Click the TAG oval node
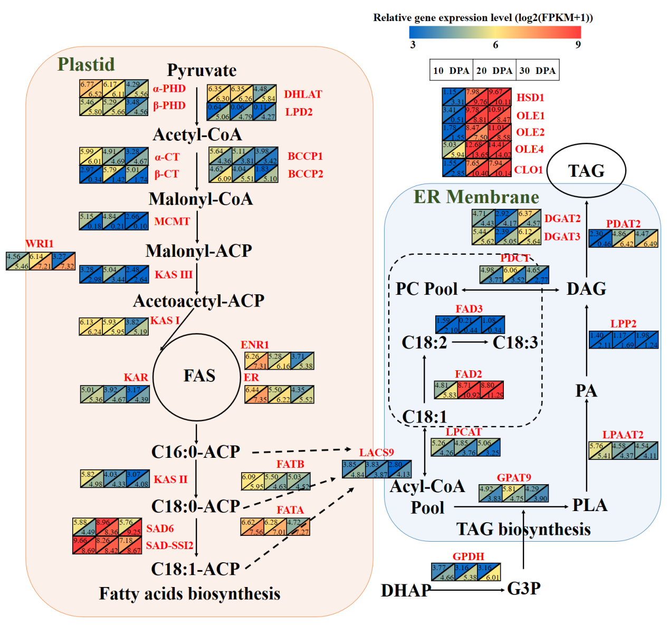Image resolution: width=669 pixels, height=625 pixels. tap(586, 171)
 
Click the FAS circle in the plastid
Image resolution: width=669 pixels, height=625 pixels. tap(199, 376)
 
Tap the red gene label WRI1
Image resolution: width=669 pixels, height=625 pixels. tap(40, 244)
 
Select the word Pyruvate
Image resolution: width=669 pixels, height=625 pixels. tap(202, 70)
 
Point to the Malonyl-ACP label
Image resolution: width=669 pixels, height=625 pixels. tap(198, 251)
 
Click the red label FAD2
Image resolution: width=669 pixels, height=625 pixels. tap(469, 374)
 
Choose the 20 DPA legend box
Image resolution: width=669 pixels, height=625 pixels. tap(494, 70)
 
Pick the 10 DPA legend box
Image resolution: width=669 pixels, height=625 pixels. tap(451, 70)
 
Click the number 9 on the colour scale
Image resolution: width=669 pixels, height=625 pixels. tap(578, 45)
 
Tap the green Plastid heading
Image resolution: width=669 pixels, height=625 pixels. tap(86, 64)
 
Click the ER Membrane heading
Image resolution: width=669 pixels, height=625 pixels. tap(476, 197)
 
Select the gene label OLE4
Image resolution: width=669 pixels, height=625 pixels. tap(529, 149)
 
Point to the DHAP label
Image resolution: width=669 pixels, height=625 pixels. tap(406, 590)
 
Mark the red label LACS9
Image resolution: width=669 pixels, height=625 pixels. tap(376, 453)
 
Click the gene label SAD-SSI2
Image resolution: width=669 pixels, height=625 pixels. tap(169, 545)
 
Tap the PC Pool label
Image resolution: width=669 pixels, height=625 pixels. tap(426, 289)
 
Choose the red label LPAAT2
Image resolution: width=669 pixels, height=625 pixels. tap(623, 435)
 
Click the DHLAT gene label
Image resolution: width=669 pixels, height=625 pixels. tap(303, 94)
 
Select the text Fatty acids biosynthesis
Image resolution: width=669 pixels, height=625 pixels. tap(189, 593)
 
